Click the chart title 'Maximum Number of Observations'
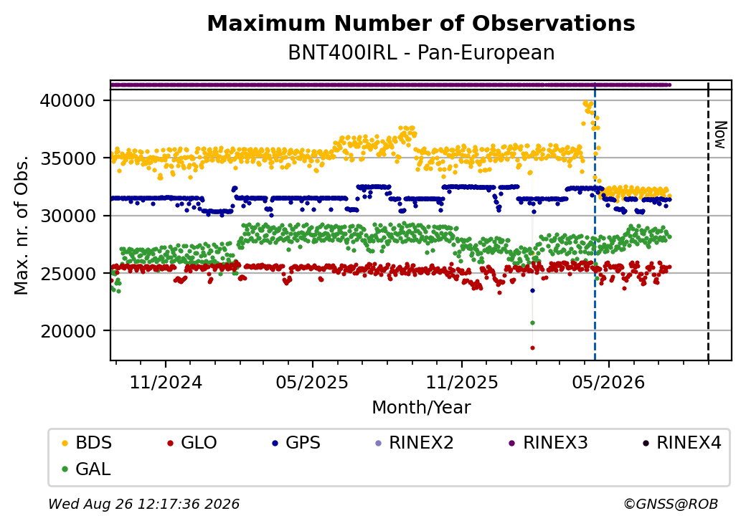[x=421, y=23]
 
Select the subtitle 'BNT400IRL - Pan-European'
[x=421, y=53]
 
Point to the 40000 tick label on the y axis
[x=68, y=101]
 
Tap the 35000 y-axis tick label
[x=68, y=158]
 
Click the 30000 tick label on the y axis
[x=68, y=216]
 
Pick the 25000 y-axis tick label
[x=68, y=273]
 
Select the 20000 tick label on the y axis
[x=68, y=331]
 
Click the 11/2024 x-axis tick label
[x=166, y=382]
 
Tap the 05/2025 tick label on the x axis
[x=313, y=382]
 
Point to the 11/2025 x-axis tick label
[x=461, y=382]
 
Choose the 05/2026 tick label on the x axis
[x=608, y=382]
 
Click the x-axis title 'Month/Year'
[x=421, y=408]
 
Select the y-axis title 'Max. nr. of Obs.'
[x=22, y=225]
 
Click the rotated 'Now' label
[x=721, y=135]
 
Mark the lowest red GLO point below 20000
[x=533, y=348]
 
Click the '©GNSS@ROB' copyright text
[x=671, y=504]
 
